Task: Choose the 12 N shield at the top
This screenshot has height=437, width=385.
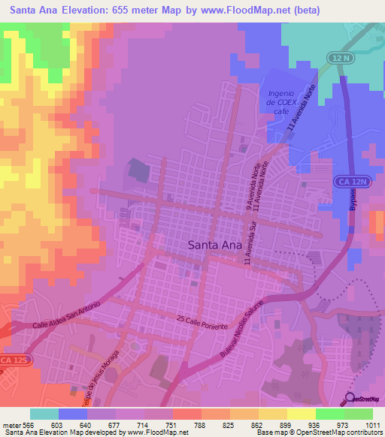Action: pyautogui.click(x=338, y=58)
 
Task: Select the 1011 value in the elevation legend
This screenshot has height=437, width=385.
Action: pyautogui.click(x=372, y=424)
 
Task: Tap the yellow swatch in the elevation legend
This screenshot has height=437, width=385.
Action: pyautogui.click(x=301, y=414)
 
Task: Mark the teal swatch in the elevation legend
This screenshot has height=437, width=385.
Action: pyautogui.click(x=44, y=414)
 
